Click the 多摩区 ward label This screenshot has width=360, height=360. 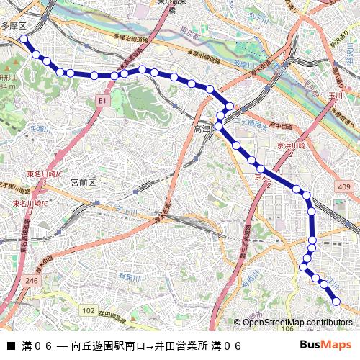click(13, 25)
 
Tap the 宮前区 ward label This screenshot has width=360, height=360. click(83, 183)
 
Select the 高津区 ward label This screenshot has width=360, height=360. click(204, 130)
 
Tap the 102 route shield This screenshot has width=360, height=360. click(88, 310)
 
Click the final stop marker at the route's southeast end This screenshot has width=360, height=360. click(336, 301)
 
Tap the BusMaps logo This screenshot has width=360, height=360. click(325, 345)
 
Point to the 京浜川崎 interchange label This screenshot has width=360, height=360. click(292, 145)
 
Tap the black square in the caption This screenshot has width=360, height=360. click(11, 346)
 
